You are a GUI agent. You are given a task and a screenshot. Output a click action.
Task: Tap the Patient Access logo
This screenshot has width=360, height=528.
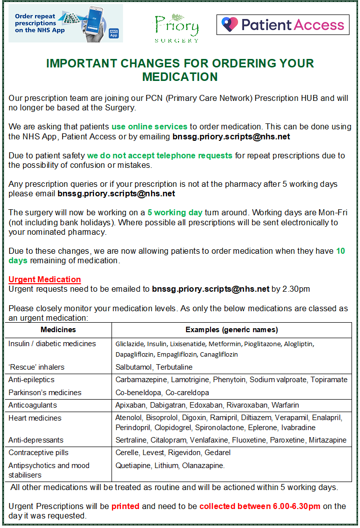(282, 24)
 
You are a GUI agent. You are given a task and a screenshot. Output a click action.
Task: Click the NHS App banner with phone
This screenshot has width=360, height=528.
(66, 24)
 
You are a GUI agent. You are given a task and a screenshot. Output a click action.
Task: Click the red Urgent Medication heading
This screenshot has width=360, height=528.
(44, 279)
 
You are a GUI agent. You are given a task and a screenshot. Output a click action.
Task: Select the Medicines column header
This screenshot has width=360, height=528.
(58, 330)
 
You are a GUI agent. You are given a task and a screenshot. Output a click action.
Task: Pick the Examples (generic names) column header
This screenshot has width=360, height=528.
(231, 330)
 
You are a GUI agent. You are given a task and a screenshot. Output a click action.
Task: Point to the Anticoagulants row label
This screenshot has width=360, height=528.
(32, 405)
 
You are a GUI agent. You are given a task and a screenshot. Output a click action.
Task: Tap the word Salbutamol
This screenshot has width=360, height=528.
(132, 367)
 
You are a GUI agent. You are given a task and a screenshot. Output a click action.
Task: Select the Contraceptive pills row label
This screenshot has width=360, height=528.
(38, 453)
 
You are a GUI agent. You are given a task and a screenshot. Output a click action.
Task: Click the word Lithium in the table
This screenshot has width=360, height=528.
(169, 466)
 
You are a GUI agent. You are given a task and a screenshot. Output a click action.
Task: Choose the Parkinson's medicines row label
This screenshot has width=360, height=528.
(45, 393)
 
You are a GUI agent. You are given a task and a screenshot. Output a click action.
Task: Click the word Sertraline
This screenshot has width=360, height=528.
(131, 440)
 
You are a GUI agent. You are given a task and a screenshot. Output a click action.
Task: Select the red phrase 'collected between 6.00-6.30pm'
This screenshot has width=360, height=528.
(260, 507)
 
